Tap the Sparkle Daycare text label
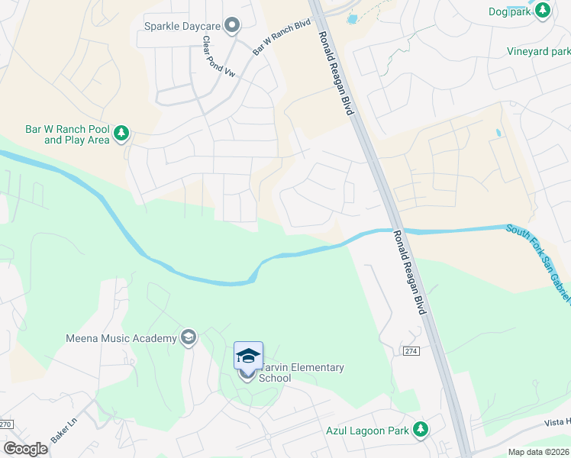tap(182, 26)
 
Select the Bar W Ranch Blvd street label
tap(282, 37)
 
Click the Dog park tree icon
tap(543, 10)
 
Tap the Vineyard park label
tap(539, 52)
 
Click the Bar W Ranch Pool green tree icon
tap(121, 134)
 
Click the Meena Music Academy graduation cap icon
tap(188, 337)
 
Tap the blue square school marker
tap(248, 356)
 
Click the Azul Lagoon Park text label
tap(366, 431)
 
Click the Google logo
tap(26, 449)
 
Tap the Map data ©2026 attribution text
tap(539, 452)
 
